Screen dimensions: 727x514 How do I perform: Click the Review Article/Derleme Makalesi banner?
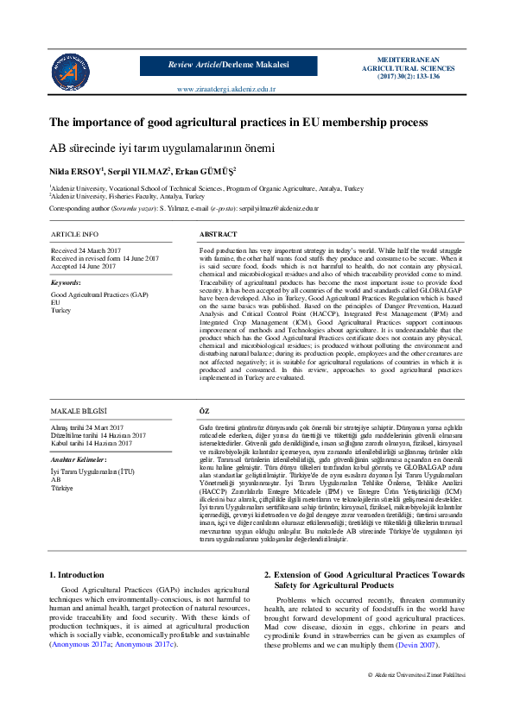pyautogui.click(x=228, y=65)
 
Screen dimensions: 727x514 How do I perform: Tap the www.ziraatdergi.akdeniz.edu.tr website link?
pyautogui.click(x=225, y=89)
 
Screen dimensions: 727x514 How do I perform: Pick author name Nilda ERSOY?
pyautogui.click(x=76, y=171)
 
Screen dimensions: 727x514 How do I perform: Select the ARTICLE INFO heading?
pyautogui.click(x=74, y=234)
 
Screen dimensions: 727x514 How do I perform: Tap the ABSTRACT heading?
pyautogui.click(x=219, y=234)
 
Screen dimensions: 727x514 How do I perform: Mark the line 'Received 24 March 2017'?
pyautogui.click(x=86, y=250)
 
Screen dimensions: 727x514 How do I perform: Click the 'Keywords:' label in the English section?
pyautogui.click(x=67, y=282)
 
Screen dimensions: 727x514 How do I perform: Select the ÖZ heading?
pyautogui.click(x=205, y=412)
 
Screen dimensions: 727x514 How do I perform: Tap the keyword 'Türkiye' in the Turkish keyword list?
pyautogui.click(x=62, y=488)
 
